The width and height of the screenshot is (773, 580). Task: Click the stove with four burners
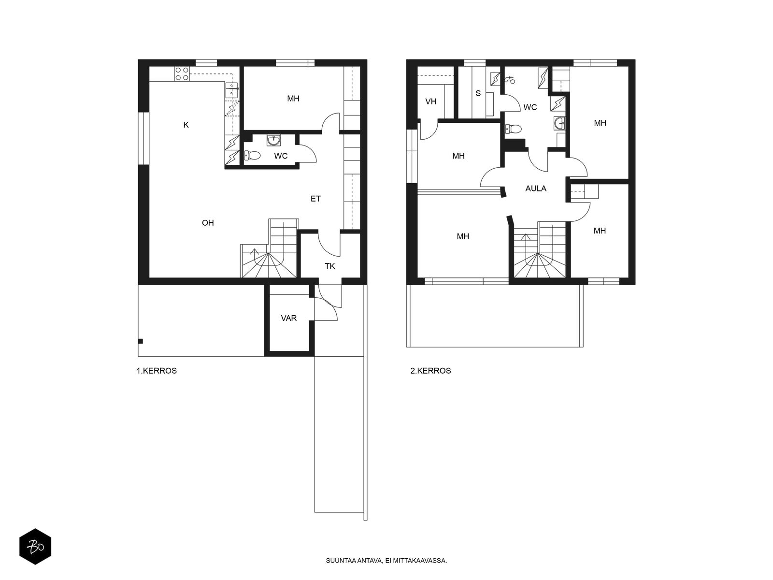click(x=182, y=74)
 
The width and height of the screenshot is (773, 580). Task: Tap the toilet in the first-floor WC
click(x=252, y=155)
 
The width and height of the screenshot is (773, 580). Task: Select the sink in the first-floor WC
click(x=273, y=141)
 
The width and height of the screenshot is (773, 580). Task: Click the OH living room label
click(x=208, y=222)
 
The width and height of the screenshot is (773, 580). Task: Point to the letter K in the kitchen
click(x=186, y=125)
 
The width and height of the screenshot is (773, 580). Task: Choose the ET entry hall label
click(x=315, y=199)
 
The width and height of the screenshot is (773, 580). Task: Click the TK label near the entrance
click(x=330, y=266)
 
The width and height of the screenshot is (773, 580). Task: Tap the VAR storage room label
click(x=289, y=319)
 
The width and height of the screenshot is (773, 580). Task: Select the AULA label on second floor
click(x=536, y=188)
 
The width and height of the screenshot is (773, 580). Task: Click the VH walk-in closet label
click(x=430, y=101)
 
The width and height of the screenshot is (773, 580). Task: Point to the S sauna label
click(x=478, y=93)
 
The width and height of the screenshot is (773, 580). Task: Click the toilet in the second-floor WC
click(x=513, y=129)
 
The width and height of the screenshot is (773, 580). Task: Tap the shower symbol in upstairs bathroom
click(x=510, y=80)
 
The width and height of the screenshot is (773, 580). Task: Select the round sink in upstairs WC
click(x=559, y=123)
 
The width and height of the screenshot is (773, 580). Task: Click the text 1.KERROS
click(x=157, y=371)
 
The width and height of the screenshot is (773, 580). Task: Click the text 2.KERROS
click(x=430, y=371)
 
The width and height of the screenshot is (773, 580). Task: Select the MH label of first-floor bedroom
click(x=293, y=99)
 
